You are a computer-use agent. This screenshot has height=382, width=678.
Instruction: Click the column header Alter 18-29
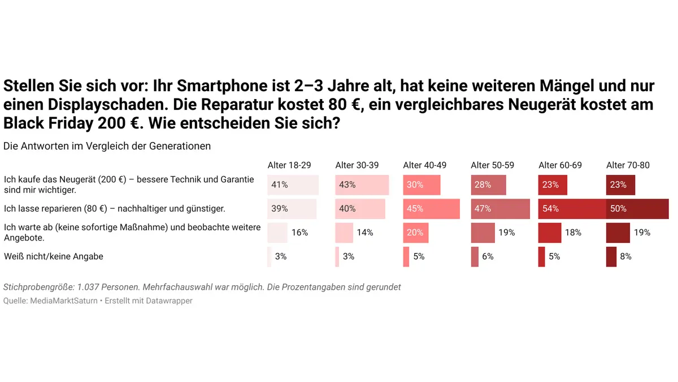coord(289,165)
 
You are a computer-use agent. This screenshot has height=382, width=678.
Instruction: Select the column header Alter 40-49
coord(424,165)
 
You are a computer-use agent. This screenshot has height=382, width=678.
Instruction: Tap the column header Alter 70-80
coord(628,165)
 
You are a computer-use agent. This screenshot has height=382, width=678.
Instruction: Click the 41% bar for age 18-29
coord(293,185)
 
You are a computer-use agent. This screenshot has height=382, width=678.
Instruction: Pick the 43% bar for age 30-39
coord(362,185)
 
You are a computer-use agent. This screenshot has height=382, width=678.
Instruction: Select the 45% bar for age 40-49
coord(431,209)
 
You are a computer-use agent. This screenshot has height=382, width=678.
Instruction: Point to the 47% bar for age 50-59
coord(500,209)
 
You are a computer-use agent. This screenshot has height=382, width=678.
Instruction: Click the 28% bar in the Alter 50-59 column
coord(488,185)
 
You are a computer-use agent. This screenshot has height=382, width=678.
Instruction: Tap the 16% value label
coord(299,233)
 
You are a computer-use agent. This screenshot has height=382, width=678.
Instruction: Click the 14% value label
coord(365,233)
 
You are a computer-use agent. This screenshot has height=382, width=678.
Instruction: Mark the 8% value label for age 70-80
coord(625,256)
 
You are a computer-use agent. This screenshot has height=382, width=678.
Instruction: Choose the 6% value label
coord(488,256)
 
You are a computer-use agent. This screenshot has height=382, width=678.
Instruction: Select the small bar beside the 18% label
coord(549,233)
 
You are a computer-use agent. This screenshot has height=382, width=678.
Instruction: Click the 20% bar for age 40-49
coord(415,233)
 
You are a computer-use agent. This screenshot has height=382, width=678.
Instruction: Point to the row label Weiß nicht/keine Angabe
coord(54,256)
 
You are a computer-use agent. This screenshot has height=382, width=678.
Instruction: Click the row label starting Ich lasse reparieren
coord(114,209)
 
